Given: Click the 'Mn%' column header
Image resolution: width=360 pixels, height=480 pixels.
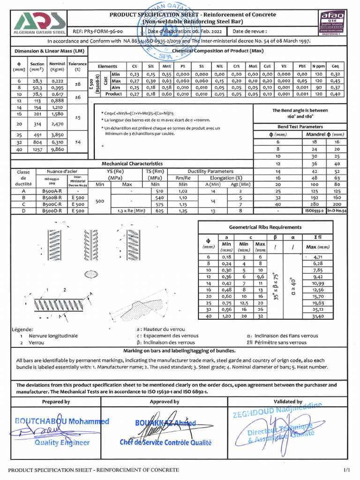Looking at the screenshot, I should tap(167, 67).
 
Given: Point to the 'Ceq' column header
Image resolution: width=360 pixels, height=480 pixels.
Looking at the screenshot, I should tap(336, 67).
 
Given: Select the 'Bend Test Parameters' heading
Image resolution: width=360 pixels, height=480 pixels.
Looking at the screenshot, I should tap(300, 127).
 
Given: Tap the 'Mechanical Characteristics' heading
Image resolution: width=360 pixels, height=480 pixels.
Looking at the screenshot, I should tap(132, 164).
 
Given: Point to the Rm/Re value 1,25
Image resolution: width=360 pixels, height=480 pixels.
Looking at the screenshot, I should tap(183, 211).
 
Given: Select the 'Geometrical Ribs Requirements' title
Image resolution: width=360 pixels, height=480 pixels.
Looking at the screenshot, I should tap(265, 227).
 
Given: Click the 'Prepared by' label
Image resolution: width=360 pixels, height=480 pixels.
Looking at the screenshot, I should tap(56, 402).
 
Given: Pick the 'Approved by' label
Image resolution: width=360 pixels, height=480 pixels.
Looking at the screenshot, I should tap(165, 402).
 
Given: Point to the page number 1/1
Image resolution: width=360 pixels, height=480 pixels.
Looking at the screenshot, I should tap(346, 469).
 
